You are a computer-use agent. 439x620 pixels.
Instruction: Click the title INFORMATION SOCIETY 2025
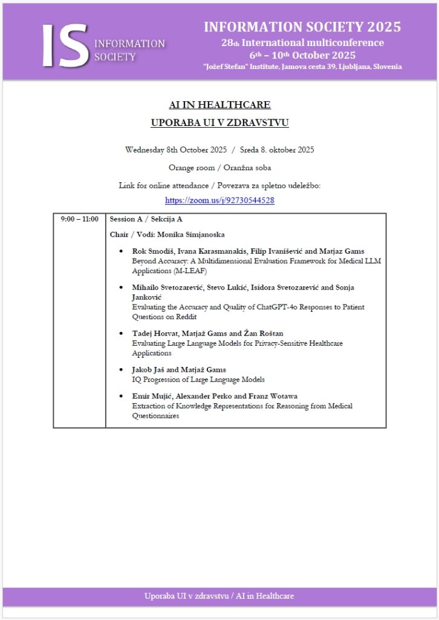click(x=302, y=27)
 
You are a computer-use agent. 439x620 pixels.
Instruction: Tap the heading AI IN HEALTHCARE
click(x=219, y=105)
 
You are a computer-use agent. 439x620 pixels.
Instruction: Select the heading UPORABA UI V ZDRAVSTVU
click(x=219, y=123)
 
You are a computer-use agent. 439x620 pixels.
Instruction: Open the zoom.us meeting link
click(x=219, y=200)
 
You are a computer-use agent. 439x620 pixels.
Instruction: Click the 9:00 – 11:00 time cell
click(x=79, y=219)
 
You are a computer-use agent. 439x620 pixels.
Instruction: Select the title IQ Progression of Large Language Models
click(x=198, y=380)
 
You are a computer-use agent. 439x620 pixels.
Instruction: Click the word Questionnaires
click(x=155, y=416)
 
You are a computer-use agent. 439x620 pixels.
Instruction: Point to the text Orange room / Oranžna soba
click(x=219, y=168)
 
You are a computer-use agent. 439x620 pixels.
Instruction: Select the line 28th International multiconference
click(x=302, y=43)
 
